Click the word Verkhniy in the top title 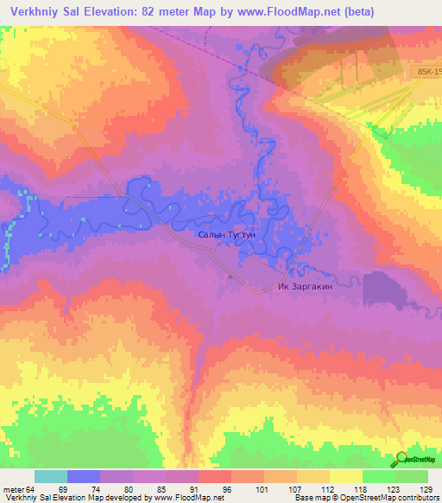point(37,13)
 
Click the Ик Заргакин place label point(306,287)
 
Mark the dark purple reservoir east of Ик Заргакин point(380,287)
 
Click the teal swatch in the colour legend point(51,476)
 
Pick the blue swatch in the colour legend point(84,476)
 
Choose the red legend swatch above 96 point(215,476)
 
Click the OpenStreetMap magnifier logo point(403,459)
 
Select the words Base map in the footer point(306,498)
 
